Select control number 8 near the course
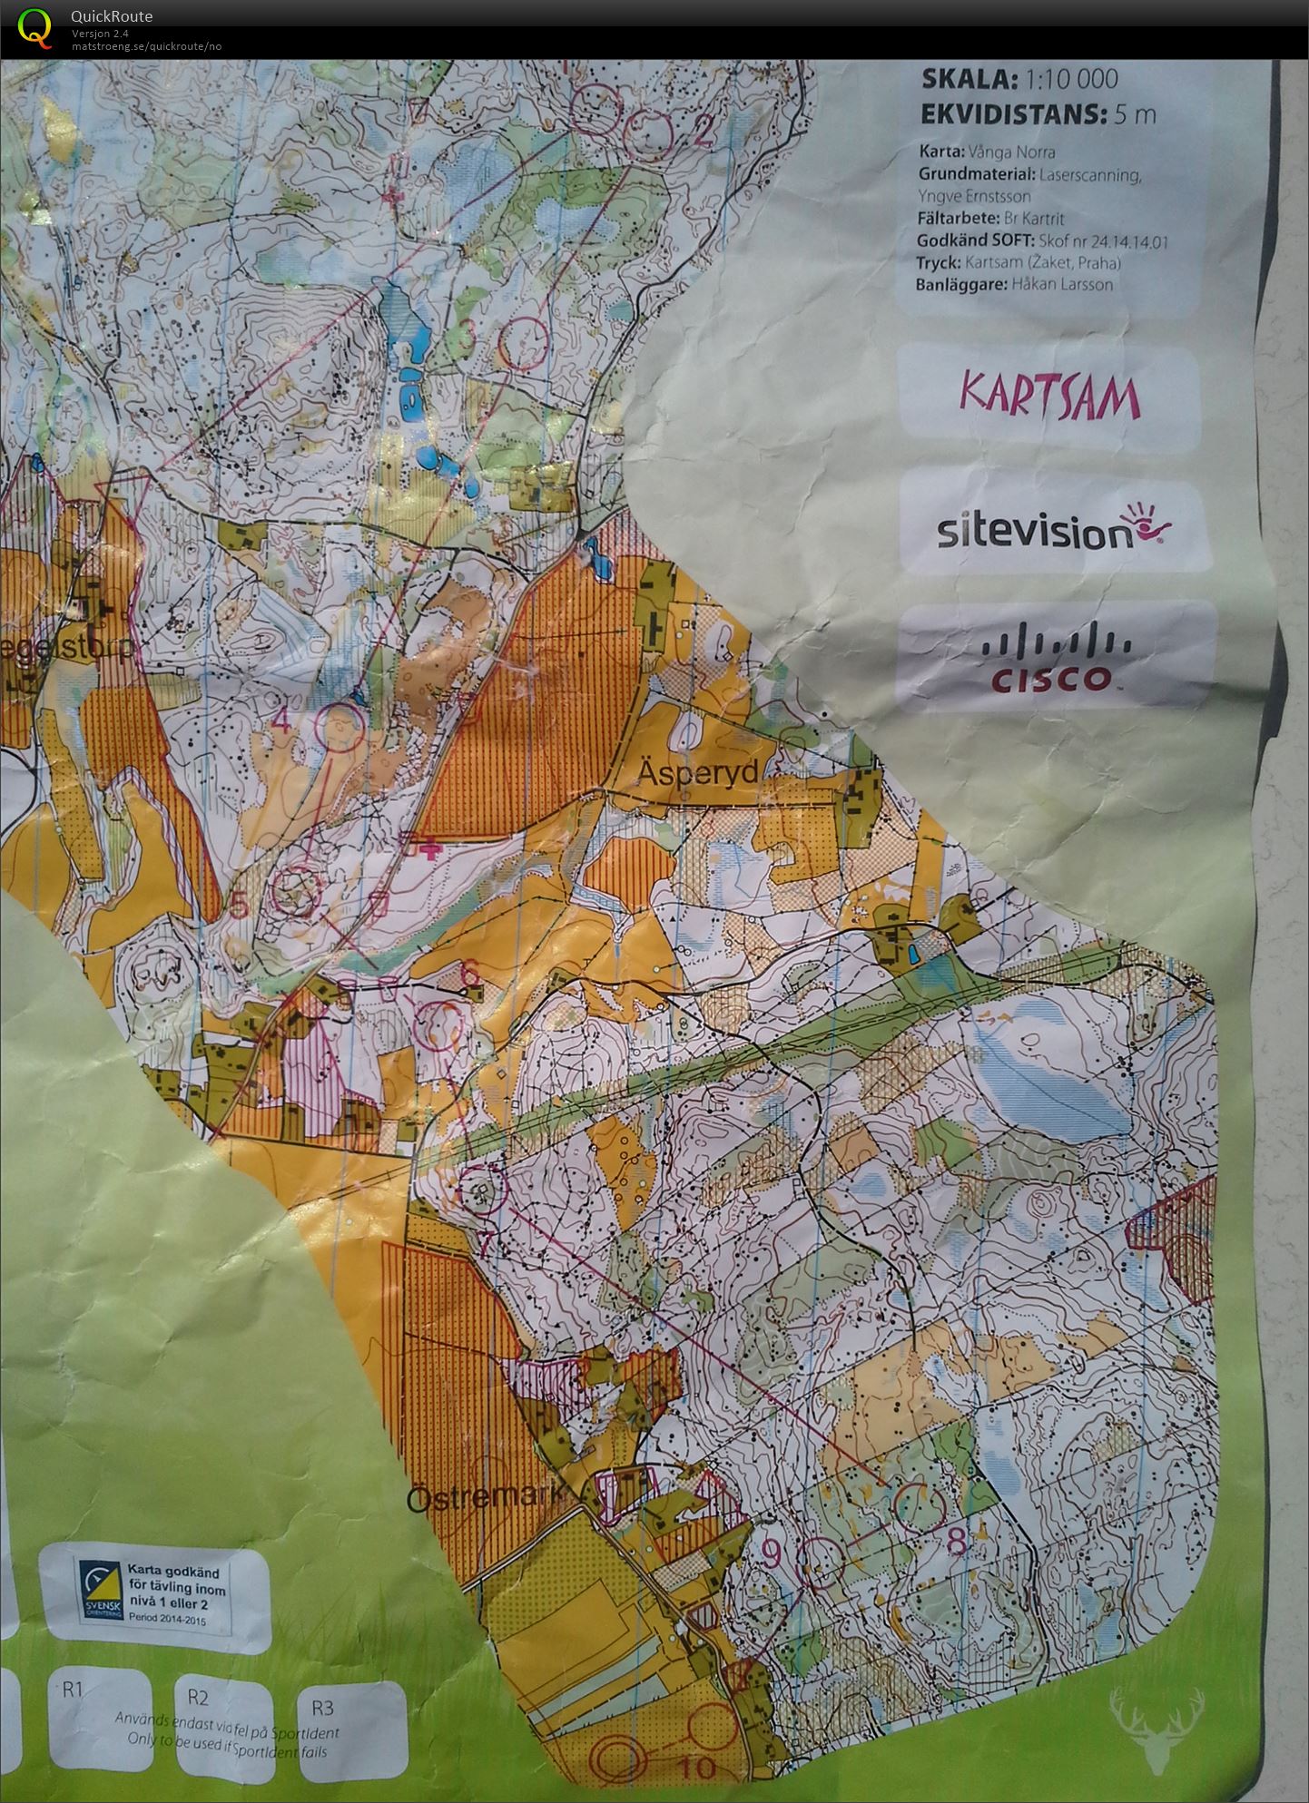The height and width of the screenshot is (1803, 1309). coord(955,1540)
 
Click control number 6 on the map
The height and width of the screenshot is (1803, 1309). coord(469,973)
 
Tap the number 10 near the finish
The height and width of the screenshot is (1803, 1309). coord(697,1768)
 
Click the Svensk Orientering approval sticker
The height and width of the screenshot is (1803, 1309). coord(155,1593)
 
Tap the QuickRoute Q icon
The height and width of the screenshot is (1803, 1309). coord(34,26)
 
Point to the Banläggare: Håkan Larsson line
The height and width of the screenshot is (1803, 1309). coord(1015,284)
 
